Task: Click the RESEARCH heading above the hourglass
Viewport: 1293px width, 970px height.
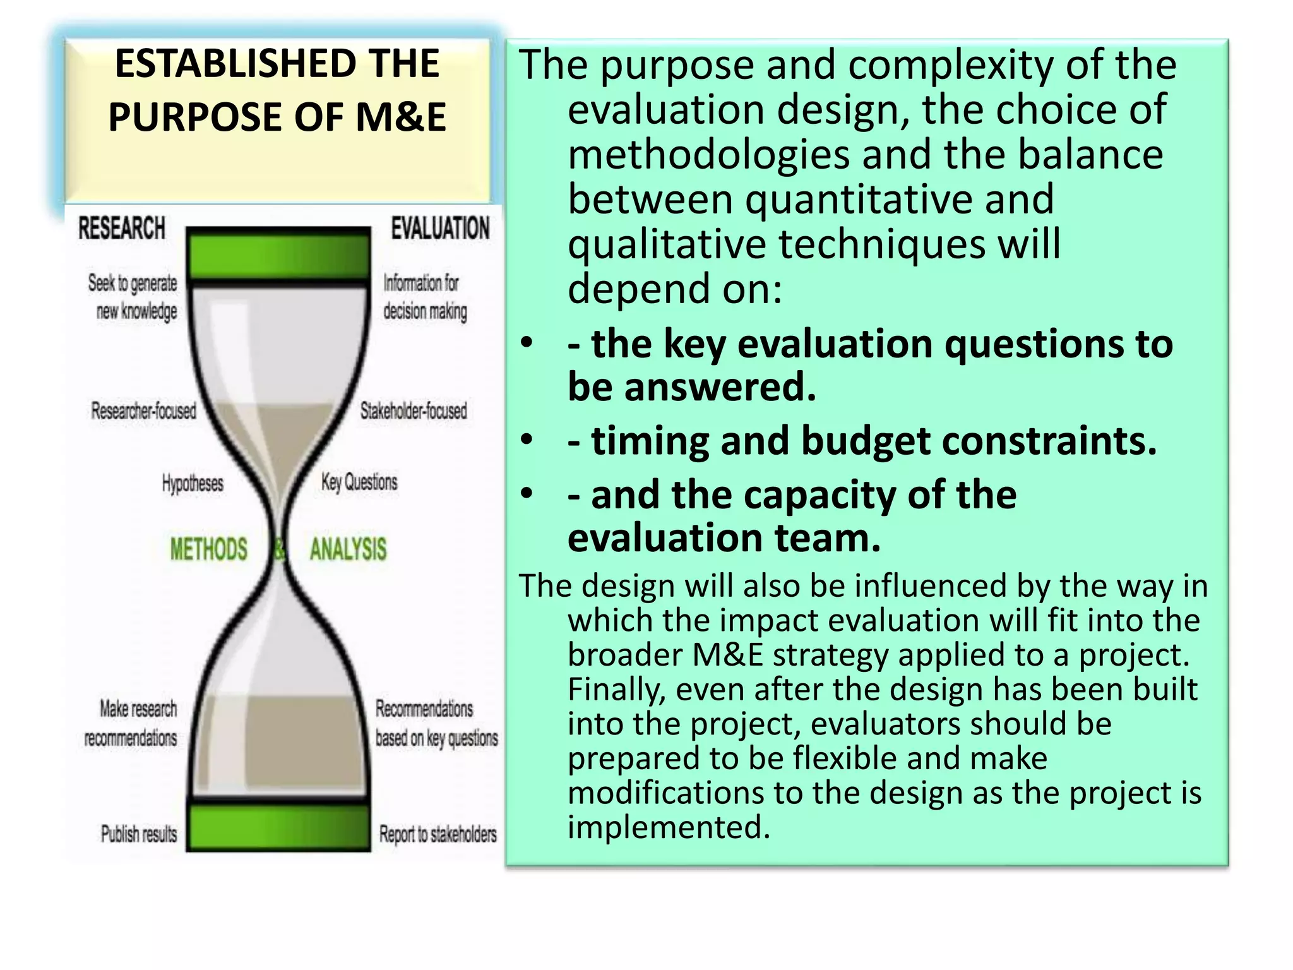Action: pyautogui.click(x=122, y=228)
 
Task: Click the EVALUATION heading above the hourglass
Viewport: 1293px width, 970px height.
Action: pyautogui.click(x=440, y=228)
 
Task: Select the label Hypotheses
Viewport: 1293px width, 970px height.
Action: pyautogui.click(x=193, y=484)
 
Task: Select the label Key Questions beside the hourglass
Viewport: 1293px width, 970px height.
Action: pyautogui.click(x=359, y=482)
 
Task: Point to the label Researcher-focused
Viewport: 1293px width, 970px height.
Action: pyautogui.click(x=144, y=411)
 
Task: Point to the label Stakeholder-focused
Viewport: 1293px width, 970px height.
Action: pyautogui.click(x=414, y=411)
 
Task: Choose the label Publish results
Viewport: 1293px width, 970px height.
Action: pyautogui.click(x=139, y=834)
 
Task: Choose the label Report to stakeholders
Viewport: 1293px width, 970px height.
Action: pyautogui.click(x=438, y=834)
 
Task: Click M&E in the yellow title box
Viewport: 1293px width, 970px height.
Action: pyautogui.click(x=401, y=117)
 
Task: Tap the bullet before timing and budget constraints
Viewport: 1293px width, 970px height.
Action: pyautogui.click(x=527, y=440)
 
